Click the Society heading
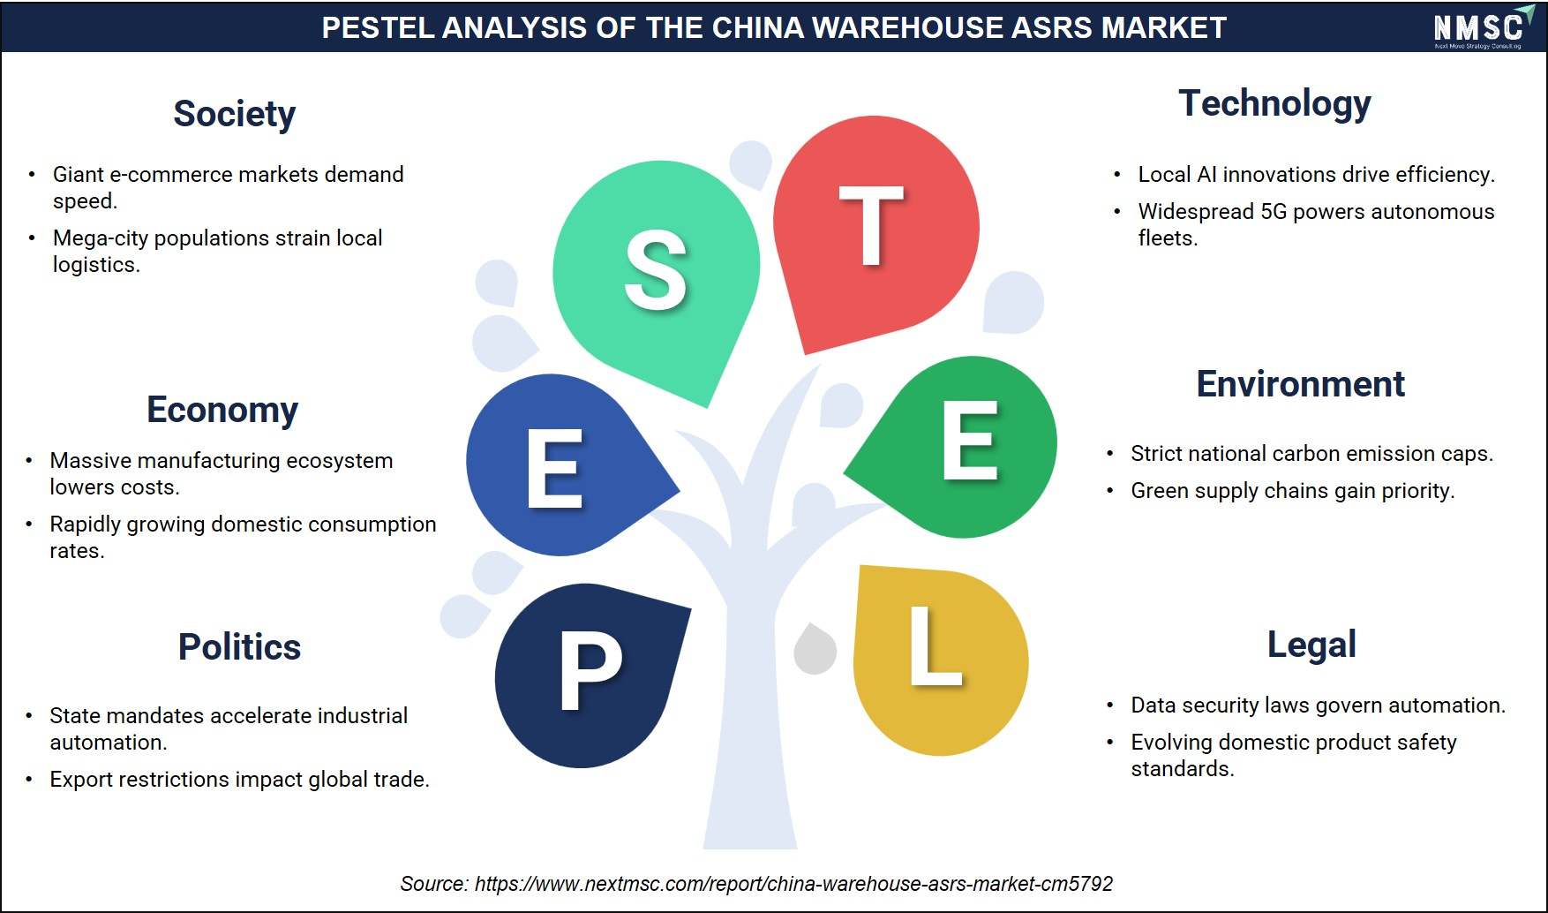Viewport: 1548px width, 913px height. click(x=234, y=115)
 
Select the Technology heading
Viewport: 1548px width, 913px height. click(x=1274, y=104)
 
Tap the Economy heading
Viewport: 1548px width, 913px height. click(x=222, y=411)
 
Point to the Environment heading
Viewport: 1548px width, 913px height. click(x=1300, y=384)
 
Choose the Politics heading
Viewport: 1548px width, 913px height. click(x=239, y=647)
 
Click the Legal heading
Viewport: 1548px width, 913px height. click(x=1311, y=645)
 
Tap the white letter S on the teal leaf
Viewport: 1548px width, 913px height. click(x=656, y=270)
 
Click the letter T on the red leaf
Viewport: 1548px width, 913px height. click(x=871, y=226)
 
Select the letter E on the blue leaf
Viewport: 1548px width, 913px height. click(x=554, y=469)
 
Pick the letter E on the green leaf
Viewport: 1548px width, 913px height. click(x=970, y=440)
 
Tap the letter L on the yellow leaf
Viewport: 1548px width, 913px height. click(x=936, y=645)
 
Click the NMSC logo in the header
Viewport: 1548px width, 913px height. click(x=1477, y=26)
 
